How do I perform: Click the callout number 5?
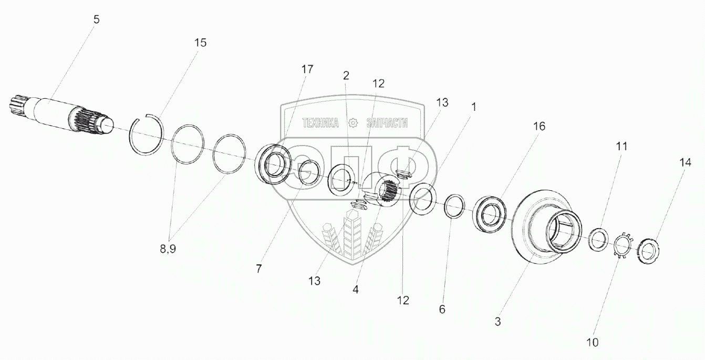[96, 20]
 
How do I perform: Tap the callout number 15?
[200, 43]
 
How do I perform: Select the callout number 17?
[307, 69]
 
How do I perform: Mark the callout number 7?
[258, 269]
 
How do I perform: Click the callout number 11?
[621, 146]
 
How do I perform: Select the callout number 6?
[442, 310]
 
